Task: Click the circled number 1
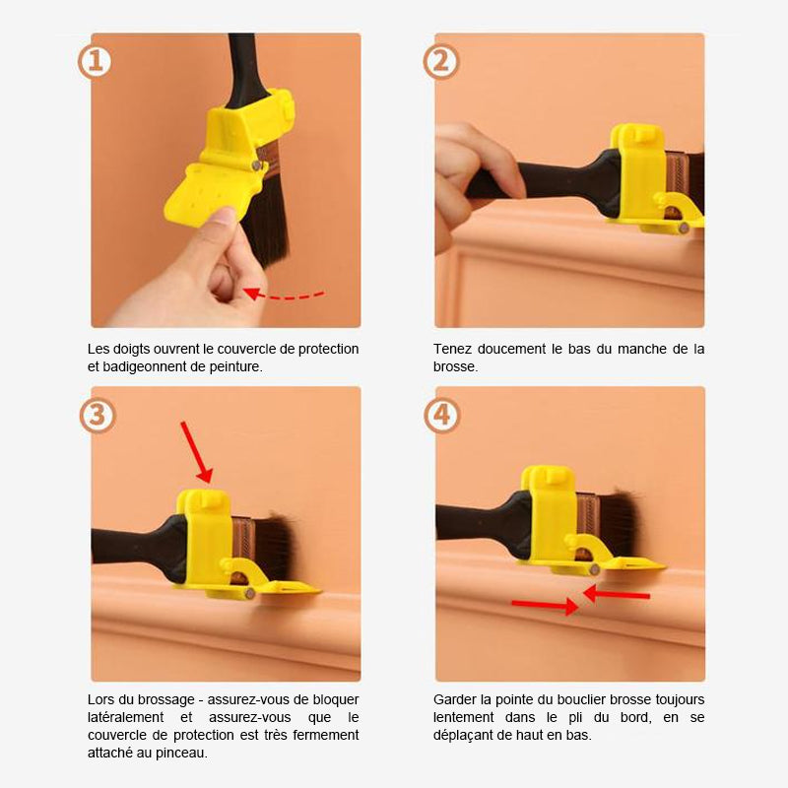[95, 61]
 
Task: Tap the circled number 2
[440, 61]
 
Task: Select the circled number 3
[97, 415]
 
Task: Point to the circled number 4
[441, 415]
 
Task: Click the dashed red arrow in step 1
[284, 295]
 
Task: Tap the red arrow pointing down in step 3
[196, 452]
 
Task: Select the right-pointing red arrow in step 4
[546, 606]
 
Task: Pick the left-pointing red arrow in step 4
[617, 594]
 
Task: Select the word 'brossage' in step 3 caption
[166, 700]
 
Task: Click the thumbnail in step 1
[225, 216]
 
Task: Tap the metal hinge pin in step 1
[257, 165]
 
